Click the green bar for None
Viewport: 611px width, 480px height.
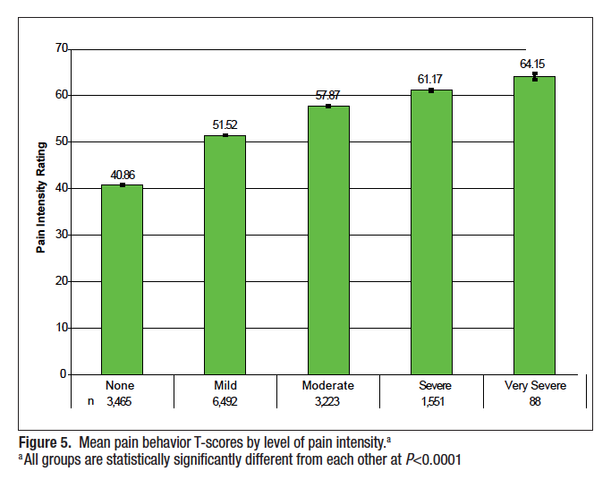click(x=122, y=279)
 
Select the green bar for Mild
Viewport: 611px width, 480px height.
click(x=225, y=255)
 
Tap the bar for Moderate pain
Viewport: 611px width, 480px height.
click(x=328, y=240)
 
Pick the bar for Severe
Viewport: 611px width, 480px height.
click(x=431, y=232)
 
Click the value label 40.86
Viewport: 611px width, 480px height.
click(x=122, y=175)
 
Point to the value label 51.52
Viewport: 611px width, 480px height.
click(x=225, y=124)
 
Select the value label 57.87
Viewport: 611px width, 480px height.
click(x=328, y=95)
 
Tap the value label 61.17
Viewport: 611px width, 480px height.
click(x=431, y=80)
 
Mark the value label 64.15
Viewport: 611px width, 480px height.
click(x=534, y=64)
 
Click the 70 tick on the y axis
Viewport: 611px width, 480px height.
click(x=61, y=48)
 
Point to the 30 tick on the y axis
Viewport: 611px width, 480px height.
click(x=61, y=235)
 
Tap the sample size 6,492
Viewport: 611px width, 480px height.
click(x=225, y=402)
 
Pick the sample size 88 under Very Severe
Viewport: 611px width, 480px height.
click(x=535, y=402)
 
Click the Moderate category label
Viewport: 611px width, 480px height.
click(x=328, y=386)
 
